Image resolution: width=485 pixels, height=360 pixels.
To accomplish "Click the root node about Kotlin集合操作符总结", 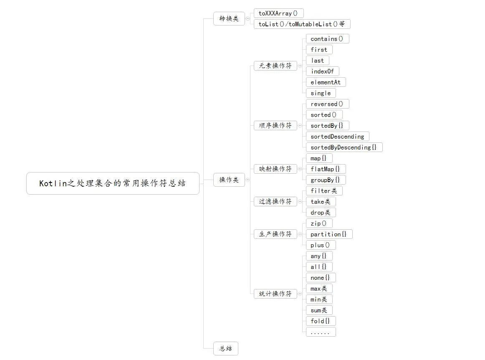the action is click(113, 183).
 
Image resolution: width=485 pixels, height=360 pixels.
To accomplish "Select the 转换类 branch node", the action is click(229, 19).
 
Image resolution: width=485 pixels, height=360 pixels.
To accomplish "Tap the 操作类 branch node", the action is click(229, 180).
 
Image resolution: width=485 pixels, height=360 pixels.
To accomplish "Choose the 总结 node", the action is click(225, 348).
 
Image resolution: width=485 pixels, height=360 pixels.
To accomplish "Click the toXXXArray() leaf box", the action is click(278, 13).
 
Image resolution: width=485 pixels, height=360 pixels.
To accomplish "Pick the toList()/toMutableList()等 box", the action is click(302, 24).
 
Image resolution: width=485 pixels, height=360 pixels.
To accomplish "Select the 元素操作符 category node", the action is click(275, 66).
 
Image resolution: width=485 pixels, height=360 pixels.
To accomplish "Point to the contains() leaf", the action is click(327, 39).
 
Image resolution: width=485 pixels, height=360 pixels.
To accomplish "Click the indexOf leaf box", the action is click(322, 71).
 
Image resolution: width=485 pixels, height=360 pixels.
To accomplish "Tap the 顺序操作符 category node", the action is click(275, 126).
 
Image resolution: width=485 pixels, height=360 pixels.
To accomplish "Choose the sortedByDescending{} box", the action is click(344, 147).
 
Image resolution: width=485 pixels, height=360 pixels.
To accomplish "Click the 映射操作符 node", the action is click(275, 169).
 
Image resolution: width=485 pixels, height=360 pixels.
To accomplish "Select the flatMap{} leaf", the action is click(326, 169).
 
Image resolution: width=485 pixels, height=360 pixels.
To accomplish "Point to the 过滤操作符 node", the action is click(275, 202).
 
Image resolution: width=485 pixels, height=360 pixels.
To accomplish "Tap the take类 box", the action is click(321, 202).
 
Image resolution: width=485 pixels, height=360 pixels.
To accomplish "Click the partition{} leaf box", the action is click(329, 234).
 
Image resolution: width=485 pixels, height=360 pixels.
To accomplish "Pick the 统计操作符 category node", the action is click(275, 294).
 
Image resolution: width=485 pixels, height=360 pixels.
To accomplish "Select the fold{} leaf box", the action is click(321, 321).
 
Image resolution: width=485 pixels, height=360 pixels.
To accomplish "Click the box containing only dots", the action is click(321, 332).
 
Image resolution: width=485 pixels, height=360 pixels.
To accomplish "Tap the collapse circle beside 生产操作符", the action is click(300, 234).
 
